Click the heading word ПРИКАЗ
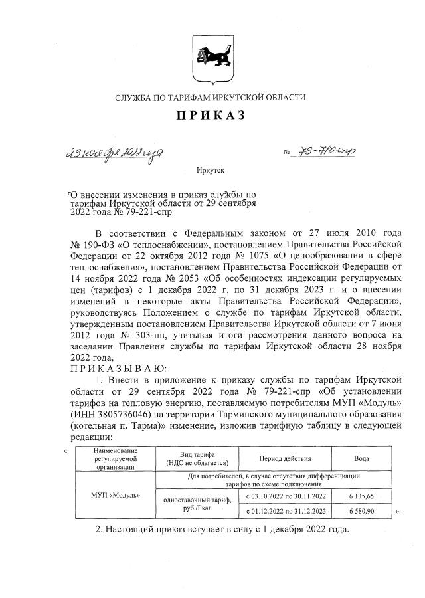point(210,116)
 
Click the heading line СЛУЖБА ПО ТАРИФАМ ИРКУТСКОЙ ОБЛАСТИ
point(210,98)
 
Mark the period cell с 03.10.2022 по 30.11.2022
point(286,496)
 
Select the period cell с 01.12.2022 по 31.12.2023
point(286,512)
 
